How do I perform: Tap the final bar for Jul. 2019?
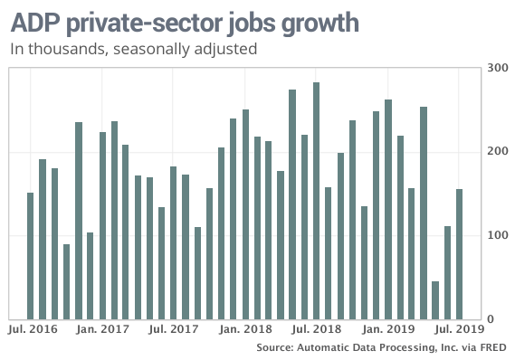459,254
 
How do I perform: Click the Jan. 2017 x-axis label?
102,331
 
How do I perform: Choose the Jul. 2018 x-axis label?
316,331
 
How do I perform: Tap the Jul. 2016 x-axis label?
32,331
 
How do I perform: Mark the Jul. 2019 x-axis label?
459,331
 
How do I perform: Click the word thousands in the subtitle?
62,49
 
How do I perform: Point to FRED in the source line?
491,348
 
